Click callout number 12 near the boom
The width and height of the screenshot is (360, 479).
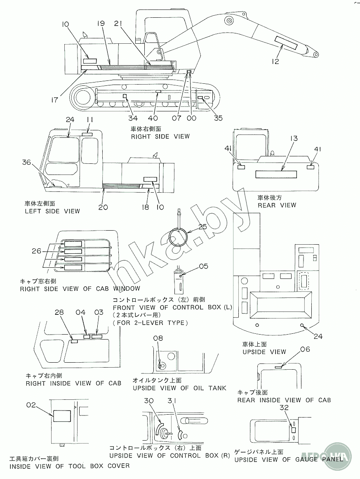[x=275, y=61]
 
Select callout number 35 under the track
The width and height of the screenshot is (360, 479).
[x=218, y=118]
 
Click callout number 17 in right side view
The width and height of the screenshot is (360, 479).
[x=54, y=100]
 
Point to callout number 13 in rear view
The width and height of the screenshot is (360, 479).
[x=294, y=138]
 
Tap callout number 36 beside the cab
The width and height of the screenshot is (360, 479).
[x=26, y=162]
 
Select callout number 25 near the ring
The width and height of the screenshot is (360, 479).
[x=202, y=227]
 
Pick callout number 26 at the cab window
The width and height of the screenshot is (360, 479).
[x=36, y=251]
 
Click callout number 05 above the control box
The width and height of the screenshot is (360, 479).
[x=203, y=267]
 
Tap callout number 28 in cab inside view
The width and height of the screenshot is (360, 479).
[x=59, y=312]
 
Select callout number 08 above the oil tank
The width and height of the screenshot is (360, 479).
[x=158, y=338]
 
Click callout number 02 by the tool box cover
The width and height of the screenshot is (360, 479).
[x=31, y=405]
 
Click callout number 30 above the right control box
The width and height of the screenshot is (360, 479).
[x=149, y=401]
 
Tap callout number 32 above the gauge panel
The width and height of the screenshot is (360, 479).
[x=284, y=407]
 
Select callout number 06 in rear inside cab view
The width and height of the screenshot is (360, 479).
[x=305, y=349]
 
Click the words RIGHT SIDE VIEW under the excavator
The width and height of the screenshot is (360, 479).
[x=160, y=137]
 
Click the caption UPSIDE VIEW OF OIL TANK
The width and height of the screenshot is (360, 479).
[x=179, y=388]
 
